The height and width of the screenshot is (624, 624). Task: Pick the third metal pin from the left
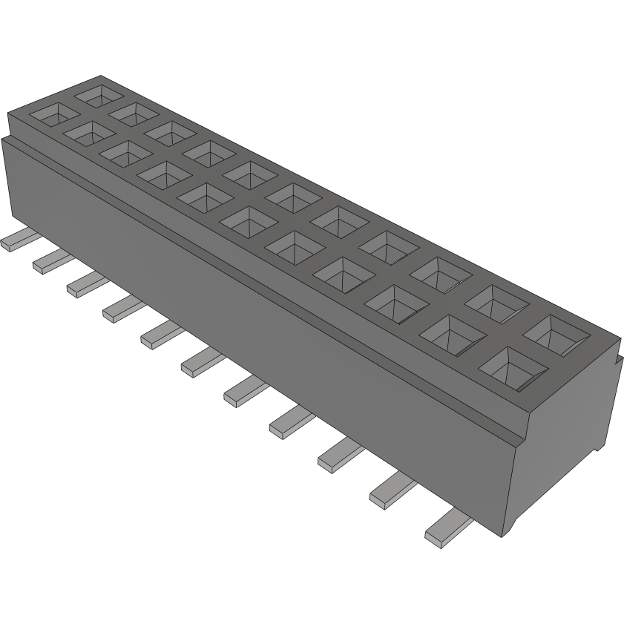point(83,283)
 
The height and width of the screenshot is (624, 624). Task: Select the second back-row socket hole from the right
point(498,299)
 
